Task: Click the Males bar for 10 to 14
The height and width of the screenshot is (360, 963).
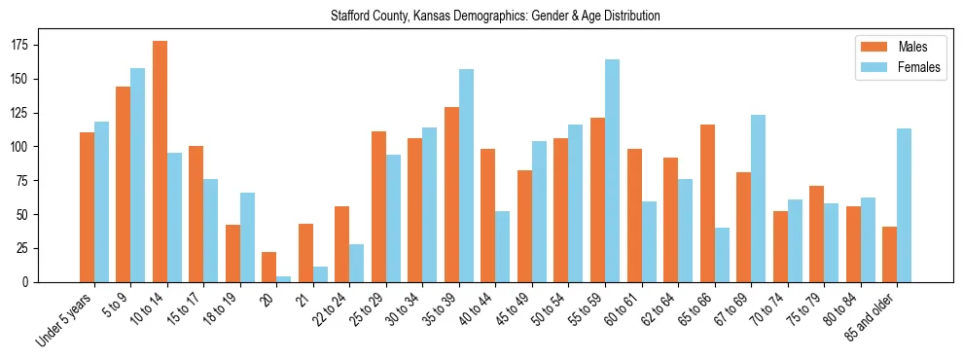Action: pos(160,162)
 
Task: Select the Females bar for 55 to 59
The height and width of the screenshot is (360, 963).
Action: pos(613,171)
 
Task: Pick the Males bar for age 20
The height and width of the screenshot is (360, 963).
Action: pos(269,268)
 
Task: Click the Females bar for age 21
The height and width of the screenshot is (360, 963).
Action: pos(320,274)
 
